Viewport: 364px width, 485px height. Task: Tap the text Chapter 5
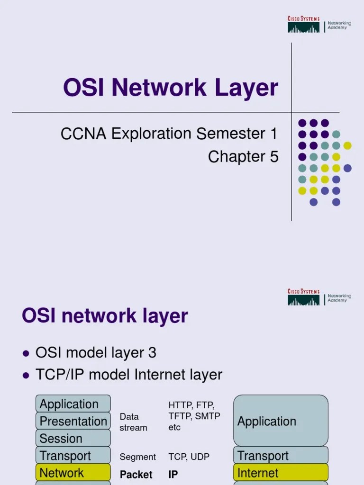point(243,157)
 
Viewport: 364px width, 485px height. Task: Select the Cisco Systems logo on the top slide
point(304,24)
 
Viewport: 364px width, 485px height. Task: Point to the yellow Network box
point(73,473)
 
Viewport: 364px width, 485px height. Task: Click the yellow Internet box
point(281,473)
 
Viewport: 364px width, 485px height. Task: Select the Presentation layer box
point(73,421)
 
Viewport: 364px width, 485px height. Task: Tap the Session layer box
point(73,438)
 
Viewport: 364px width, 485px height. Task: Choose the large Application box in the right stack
point(281,421)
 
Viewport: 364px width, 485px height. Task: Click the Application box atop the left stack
point(73,404)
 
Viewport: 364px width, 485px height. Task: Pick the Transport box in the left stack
point(73,456)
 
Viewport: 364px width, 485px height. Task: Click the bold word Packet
point(136,474)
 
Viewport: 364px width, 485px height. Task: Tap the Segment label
point(137,457)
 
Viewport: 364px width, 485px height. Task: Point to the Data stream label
point(133,422)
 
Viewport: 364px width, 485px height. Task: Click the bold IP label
point(173,474)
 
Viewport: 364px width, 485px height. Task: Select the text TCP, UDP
point(189,457)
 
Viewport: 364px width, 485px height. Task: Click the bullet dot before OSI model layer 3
point(27,354)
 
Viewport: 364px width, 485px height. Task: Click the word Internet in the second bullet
point(157,375)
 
